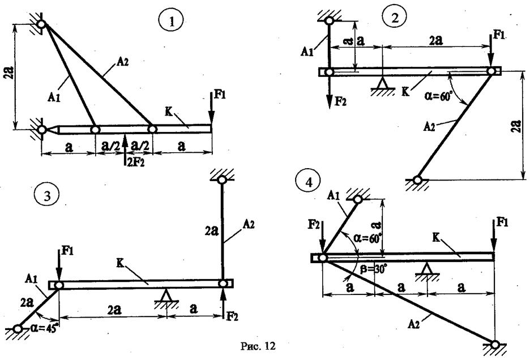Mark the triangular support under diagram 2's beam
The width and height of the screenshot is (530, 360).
pos(383,85)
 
